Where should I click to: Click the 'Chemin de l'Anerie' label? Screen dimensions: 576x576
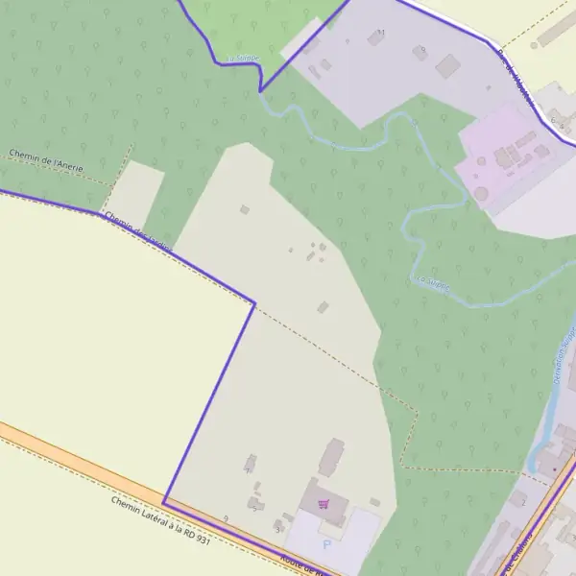click(x=46, y=160)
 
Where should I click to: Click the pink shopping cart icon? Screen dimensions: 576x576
click(x=324, y=503)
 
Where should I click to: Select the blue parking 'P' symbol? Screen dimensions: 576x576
click(x=325, y=544)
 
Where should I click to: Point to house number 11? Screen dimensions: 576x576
click(x=381, y=33)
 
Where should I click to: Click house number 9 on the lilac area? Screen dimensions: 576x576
click(x=422, y=49)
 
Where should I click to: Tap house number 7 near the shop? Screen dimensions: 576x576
click(x=254, y=510)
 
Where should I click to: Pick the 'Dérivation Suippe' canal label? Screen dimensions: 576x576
click(x=563, y=357)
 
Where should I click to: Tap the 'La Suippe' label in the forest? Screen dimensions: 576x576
click(x=430, y=281)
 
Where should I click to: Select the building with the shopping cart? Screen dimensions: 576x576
click(x=324, y=501)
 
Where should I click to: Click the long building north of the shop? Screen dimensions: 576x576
click(x=331, y=457)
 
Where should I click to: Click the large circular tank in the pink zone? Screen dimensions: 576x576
click(x=480, y=193)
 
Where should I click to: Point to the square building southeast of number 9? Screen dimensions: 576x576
click(x=447, y=66)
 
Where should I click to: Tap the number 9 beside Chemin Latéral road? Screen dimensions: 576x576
click(x=226, y=518)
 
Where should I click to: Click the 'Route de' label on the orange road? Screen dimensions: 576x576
click(x=299, y=563)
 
